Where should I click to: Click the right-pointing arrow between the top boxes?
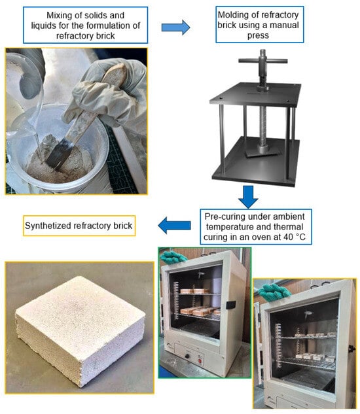[176, 27]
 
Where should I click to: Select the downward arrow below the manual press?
[248, 197]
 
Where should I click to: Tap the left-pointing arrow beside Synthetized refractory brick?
[175, 225]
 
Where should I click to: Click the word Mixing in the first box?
[58, 16]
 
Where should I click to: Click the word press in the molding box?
[258, 35]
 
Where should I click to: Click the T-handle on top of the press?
[262, 60]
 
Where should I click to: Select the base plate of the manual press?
[256, 163]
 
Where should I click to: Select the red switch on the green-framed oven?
[200, 360]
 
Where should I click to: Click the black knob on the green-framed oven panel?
[187, 356]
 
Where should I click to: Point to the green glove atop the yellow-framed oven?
[274, 292]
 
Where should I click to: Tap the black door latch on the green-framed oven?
[231, 305]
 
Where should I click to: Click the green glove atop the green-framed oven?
[173, 257]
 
